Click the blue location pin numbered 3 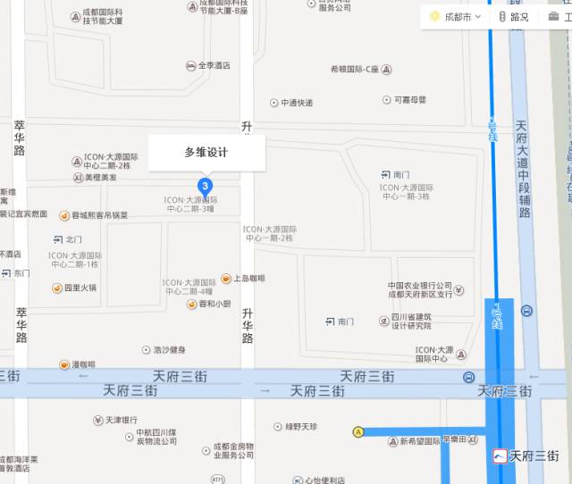[x=206, y=186]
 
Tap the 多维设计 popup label [x=206, y=153]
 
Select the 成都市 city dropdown [x=456, y=16]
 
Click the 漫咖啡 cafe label [x=78, y=364]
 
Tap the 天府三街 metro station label [x=528, y=455]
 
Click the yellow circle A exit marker [x=359, y=432]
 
